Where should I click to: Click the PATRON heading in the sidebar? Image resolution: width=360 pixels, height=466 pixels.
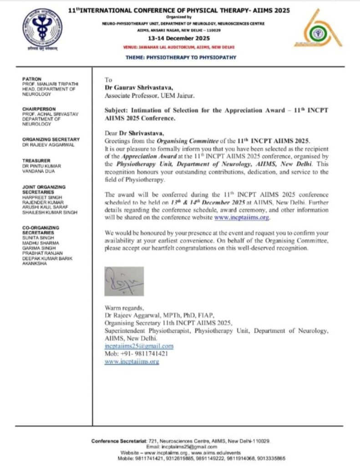(32, 79)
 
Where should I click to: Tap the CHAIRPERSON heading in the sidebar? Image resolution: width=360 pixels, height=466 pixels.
(39, 109)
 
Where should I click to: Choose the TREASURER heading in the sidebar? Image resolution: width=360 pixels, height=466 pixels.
(35, 161)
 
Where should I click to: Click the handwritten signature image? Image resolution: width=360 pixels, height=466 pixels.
(124, 281)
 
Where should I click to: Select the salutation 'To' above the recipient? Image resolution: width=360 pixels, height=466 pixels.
(108, 80)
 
